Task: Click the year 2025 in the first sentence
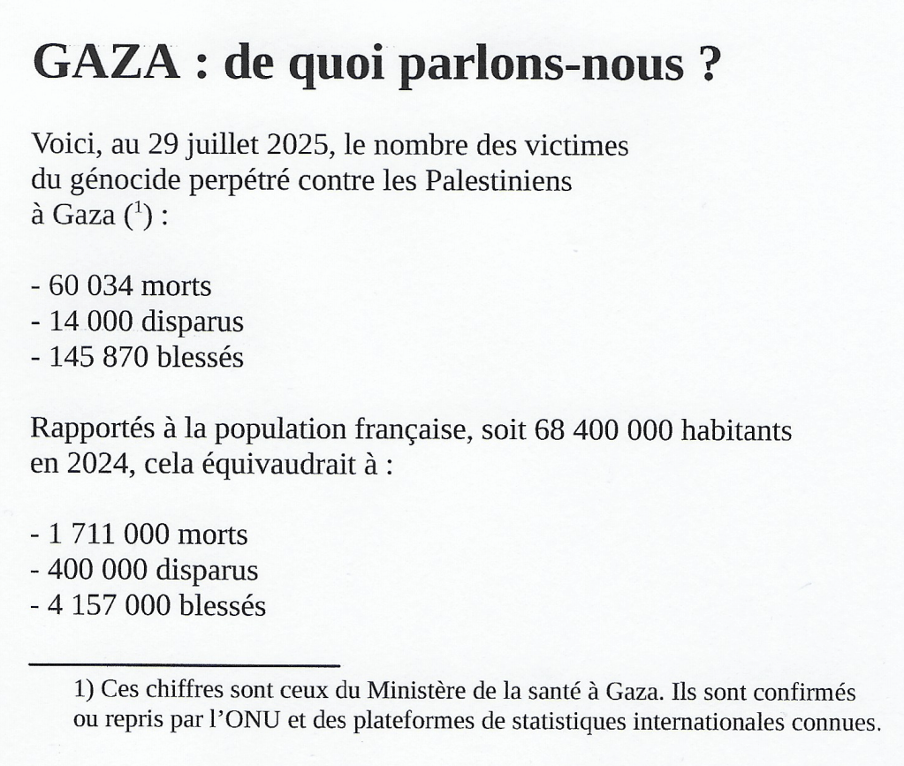click(x=290, y=145)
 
